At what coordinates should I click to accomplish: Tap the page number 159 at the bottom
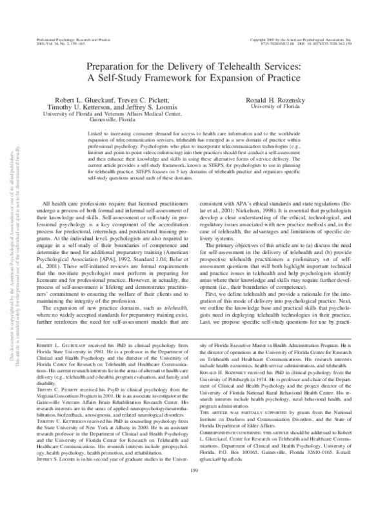[x=203, y=493]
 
